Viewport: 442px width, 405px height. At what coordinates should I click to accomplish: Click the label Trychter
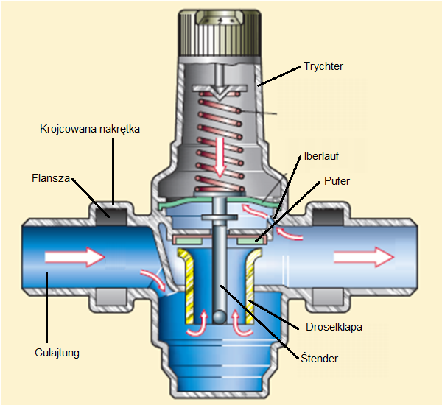coord(323,66)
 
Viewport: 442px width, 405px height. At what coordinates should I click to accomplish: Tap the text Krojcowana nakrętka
coord(89,129)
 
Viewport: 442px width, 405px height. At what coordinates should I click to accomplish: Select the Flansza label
coord(51,178)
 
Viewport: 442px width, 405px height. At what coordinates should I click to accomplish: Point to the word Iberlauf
coord(320,156)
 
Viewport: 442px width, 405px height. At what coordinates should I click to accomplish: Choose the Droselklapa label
coord(328,325)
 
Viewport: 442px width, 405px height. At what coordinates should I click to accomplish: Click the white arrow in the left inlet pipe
coord(74,258)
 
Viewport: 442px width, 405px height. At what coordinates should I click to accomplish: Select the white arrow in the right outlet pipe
coord(363,258)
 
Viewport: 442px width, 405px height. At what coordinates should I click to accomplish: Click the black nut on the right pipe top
coord(324,214)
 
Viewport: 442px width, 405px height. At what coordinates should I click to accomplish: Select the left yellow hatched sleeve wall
coord(188,287)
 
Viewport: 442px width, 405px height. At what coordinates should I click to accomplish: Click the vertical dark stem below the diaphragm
coord(219,265)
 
